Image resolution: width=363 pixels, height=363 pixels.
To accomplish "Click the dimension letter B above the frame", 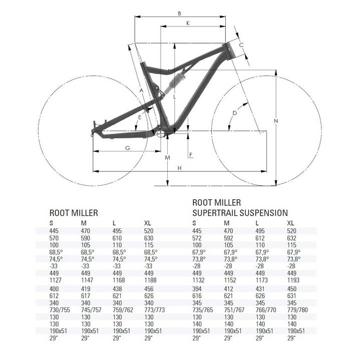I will tap(179, 13).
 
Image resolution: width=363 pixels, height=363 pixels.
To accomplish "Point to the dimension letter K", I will tap(187, 24).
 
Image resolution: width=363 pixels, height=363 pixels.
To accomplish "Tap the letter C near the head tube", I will tap(241, 45).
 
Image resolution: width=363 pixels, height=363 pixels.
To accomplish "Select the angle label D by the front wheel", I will tap(234, 113).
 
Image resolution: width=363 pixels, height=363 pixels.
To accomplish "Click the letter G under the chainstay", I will tap(127, 148).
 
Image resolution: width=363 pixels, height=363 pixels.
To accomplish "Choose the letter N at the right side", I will tap(276, 121).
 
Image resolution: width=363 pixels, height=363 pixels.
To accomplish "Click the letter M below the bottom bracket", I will tap(168, 158).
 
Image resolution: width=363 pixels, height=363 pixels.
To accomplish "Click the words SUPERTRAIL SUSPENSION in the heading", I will tap(240, 213).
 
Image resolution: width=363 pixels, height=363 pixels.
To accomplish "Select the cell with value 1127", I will tap(56, 281).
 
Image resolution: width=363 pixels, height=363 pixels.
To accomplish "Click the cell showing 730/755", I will tap(59, 310).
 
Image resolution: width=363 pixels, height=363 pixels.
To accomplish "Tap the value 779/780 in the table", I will tap(297, 310).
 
